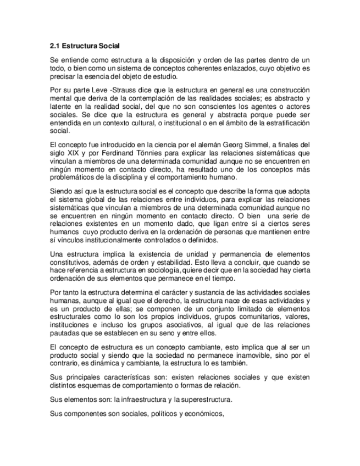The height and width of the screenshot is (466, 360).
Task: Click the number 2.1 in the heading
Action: coord(54,46)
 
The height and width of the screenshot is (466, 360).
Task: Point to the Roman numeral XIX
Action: coord(74,153)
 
